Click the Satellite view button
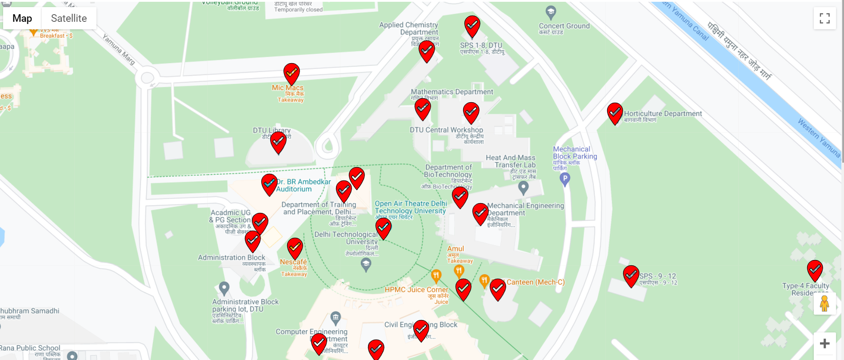[x=68, y=18]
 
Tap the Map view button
[x=22, y=18]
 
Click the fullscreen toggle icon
[x=824, y=18]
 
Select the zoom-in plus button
[x=824, y=344]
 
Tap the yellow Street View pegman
[x=824, y=304]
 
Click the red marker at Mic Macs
[x=292, y=73]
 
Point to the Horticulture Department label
[x=663, y=114]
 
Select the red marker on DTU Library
[x=278, y=141]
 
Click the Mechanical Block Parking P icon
[x=565, y=179]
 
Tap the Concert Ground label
[x=564, y=26]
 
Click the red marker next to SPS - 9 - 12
[x=631, y=275]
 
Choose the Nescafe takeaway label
[x=293, y=262]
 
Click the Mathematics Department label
[x=452, y=92]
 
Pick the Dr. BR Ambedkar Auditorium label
[x=303, y=185]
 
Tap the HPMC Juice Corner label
[x=416, y=290]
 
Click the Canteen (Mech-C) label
[x=535, y=282]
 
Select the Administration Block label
[x=232, y=258]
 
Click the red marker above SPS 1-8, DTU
[x=472, y=25]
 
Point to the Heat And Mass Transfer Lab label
[x=511, y=161]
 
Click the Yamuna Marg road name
[x=119, y=49]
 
